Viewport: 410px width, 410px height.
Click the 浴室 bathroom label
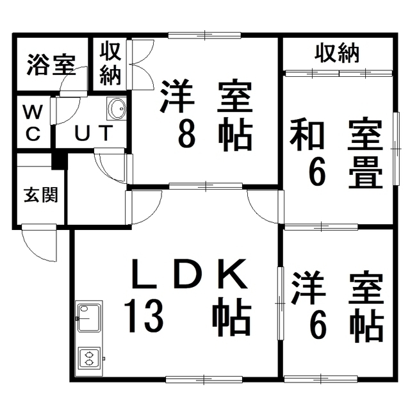(51, 65)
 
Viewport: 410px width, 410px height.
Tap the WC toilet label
(33, 122)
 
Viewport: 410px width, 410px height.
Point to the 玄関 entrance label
(41, 195)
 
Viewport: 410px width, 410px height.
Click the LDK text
(190, 274)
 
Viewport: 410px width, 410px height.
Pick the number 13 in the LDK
(143, 316)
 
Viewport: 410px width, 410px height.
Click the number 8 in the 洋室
(186, 134)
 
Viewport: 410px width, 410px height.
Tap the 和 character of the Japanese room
(307, 135)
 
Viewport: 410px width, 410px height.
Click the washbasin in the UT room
(117, 108)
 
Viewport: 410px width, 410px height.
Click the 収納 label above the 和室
(337, 53)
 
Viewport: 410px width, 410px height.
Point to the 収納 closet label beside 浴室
(110, 64)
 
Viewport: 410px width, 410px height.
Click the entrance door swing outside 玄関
(39, 243)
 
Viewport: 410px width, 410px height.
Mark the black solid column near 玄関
(60, 161)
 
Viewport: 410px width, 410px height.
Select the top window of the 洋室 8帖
(204, 35)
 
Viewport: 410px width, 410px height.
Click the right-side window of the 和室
(397, 149)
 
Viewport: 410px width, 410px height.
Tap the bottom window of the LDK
(204, 379)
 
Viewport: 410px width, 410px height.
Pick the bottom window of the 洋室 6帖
(321, 379)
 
